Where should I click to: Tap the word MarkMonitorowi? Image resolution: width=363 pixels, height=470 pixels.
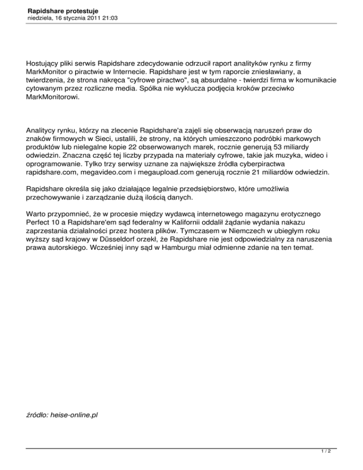point(53,98)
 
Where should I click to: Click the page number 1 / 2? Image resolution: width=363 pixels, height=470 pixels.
point(331,452)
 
